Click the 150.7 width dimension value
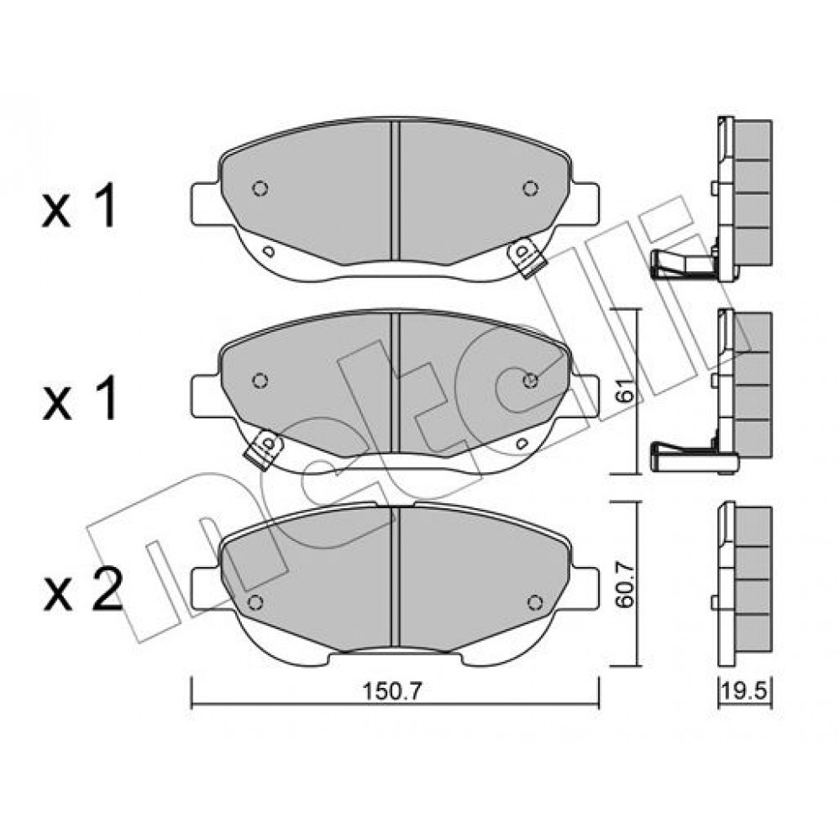tap(392, 691)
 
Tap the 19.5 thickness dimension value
tap(745, 690)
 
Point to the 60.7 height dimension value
tap(625, 584)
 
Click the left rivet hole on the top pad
tap(260, 188)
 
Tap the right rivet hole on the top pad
tap(530, 188)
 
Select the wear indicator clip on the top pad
tap(528, 258)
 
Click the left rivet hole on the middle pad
tap(260, 381)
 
